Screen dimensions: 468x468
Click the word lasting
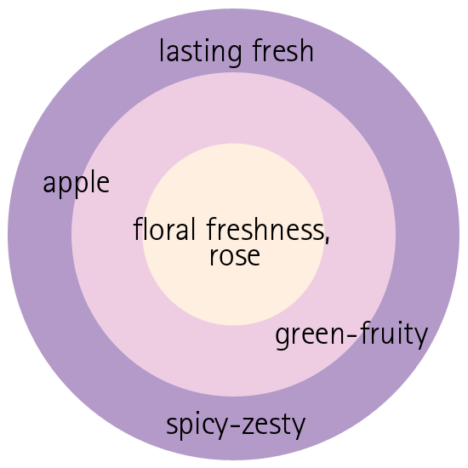tap(201, 53)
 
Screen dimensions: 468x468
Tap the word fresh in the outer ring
tap(283, 50)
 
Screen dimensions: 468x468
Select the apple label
tap(77, 183)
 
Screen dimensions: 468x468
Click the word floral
tap(164, 229)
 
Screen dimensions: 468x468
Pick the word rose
tap(235, 256)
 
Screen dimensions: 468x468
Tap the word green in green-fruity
tap(310, 335)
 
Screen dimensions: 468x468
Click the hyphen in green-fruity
tap(352, 336)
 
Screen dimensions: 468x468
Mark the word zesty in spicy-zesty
tap(274, 425)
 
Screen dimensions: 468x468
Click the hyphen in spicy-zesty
tap(235, 426)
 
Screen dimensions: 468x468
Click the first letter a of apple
tap(49, 184)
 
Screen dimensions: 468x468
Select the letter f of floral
tap(138, 229)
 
